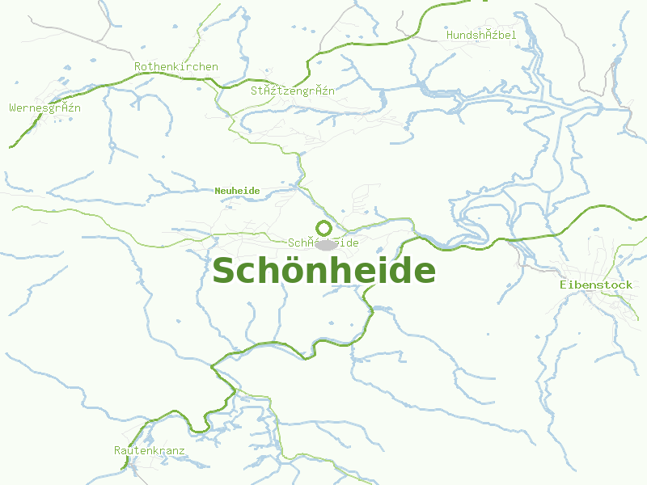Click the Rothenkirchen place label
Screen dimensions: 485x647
click(x=176, y=66)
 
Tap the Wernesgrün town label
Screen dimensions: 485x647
click(x=45, y=108)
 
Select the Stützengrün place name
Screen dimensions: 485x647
click(x=293, y=91)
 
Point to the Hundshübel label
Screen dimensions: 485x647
click(x=481, y=35)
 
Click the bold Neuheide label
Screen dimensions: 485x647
click(x=237, y=191)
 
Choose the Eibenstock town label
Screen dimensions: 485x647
click(x=596, y=285)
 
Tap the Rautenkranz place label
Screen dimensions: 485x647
click(x=150, y=450)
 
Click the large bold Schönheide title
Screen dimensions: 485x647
click(x=323, y=271)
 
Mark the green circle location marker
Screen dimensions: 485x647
click(x=323, y=228)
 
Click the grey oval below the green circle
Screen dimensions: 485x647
click(x=327, y=245)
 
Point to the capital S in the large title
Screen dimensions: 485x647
click(x=224, y=271)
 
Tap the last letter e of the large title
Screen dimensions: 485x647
click(x=424, y=272)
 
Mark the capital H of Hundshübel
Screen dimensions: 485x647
click(x=450, y=35)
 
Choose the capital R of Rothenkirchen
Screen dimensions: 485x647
click(x=138, y=66)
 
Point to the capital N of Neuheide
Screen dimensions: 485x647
click(x=218, y=191)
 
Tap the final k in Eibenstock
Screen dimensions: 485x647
click(x=629, y=285)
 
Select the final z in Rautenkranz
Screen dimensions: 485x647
click(x=182, y=450)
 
